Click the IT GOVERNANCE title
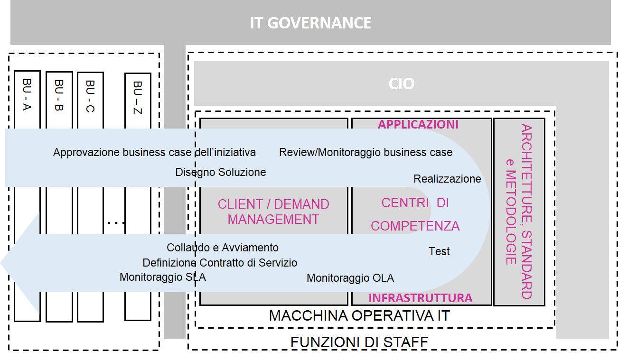(310, 23)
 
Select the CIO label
(401, 84)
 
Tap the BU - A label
(27, 95)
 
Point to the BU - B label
(59, 95)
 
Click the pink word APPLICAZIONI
(418, 124)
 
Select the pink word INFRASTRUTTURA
(421, 298)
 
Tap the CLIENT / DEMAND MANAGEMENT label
(273, 212)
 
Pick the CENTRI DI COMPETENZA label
(415, 214)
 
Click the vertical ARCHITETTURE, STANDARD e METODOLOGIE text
(519, 212)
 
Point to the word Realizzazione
(447, 179)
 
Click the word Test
(439, 251)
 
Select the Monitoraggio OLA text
(350, 278)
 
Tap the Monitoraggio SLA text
(163, 277)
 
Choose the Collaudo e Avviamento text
(223, 248)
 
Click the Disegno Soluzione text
(221, 172)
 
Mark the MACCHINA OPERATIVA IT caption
(359, 316)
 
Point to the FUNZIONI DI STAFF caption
(359, 342)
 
